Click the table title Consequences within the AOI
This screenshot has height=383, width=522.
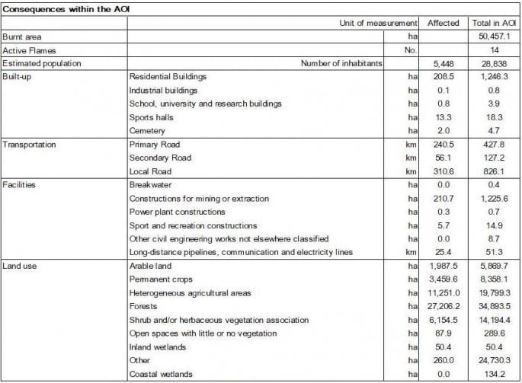coord(56,8)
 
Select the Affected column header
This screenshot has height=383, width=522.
coord(444,23)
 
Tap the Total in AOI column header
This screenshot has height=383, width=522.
coord(493,23)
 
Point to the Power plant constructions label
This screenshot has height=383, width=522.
coord(178,212)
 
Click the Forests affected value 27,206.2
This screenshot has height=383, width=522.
coord(442,307)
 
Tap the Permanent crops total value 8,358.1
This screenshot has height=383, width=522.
coord(493,280)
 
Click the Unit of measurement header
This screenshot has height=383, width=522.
coord(378,23)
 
